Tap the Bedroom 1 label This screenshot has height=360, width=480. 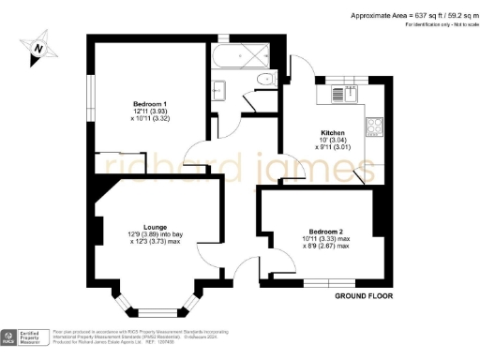coord(149,102)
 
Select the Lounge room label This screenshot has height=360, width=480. coord(155,225)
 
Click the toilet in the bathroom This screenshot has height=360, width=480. coord(265,79)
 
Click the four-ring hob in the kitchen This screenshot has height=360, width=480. coord(373,124)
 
